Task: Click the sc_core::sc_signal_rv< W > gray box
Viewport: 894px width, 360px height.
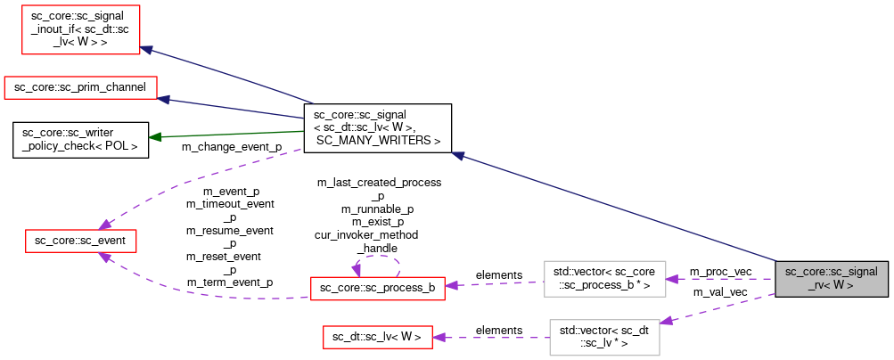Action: click(832, 279)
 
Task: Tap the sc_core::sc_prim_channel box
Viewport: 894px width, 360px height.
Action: click(81, 87)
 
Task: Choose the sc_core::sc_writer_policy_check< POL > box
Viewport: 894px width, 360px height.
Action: click(80, 138)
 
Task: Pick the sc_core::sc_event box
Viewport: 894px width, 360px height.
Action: click(79, 241)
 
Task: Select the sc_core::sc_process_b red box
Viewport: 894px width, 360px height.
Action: click(377, 288)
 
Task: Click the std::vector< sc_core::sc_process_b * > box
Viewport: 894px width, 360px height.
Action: click(604, 279)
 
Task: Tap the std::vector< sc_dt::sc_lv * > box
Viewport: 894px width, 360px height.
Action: click(604, 337)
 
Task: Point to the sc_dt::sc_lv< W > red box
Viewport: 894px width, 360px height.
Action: click(377, 337)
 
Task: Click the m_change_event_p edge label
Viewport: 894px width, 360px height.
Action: click(231, 146)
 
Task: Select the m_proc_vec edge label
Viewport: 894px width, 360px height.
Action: click(720, 270)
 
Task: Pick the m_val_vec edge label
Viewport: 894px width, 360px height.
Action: click(714, 291)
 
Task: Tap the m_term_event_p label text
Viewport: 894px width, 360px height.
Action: click(229, 282)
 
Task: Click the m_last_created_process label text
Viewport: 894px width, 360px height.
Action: click(379, 182)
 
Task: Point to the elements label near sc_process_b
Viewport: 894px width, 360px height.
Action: click(499, 274)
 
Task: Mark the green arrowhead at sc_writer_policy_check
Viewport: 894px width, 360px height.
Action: click(154, 137)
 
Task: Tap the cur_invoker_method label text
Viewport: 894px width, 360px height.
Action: click(366, 235)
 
